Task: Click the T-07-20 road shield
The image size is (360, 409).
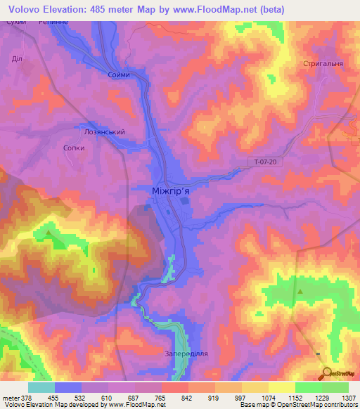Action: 268,162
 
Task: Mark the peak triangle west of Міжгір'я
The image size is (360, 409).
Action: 48,232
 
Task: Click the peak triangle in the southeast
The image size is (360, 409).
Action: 300,290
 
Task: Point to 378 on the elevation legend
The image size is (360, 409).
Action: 25,397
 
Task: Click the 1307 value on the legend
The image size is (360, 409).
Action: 348,397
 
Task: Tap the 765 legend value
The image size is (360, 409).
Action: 161,397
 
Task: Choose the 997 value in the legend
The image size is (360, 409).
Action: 241,397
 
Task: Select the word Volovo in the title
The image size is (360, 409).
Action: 29,10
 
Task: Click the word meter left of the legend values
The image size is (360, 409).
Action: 9,397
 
